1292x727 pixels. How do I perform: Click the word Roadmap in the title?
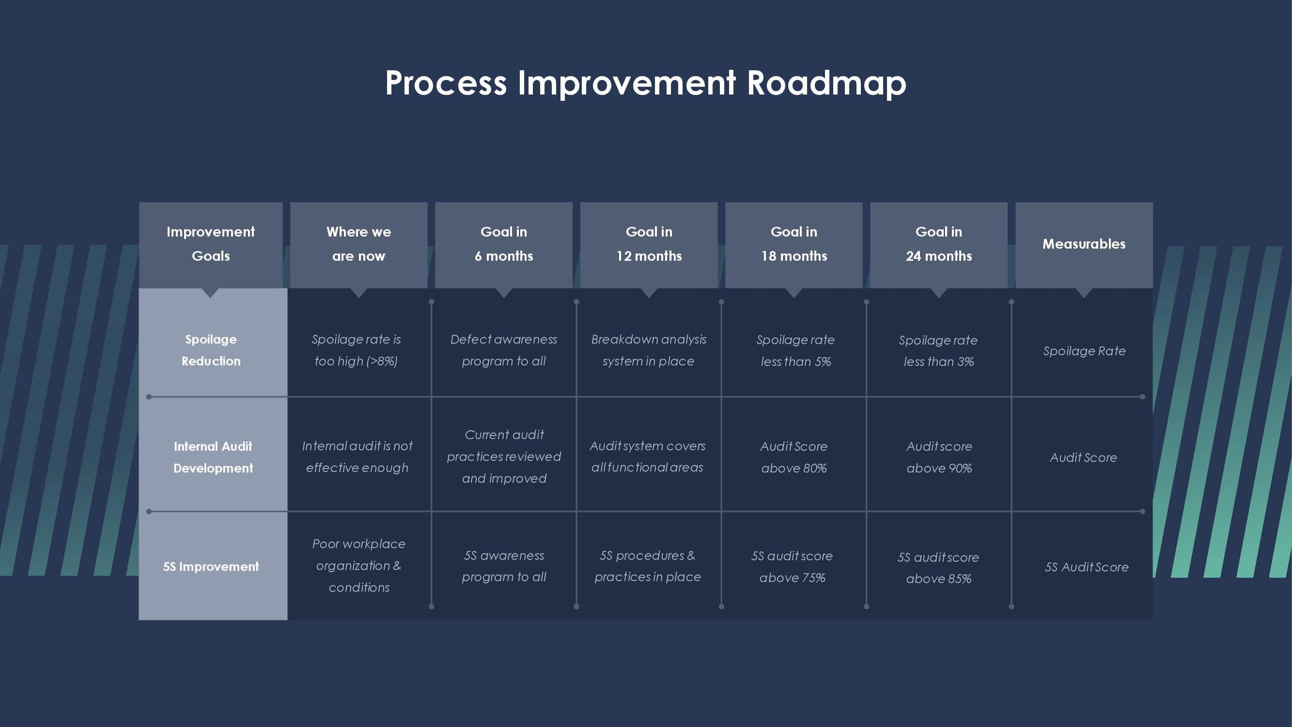pos(826,83)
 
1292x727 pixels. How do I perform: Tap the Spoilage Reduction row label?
pos(211,350)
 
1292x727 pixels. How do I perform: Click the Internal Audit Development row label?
pos(213,457)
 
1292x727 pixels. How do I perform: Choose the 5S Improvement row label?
pos(211,567)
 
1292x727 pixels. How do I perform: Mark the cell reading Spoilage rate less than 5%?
pos(795,351)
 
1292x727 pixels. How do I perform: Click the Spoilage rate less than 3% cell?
pos(938,351)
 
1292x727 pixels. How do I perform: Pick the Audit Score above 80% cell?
pos(794,457)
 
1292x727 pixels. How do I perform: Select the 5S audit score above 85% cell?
pos(938,568)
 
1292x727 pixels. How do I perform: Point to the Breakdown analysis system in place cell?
pos(649,350)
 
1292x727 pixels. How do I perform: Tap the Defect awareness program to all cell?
pos(503,350)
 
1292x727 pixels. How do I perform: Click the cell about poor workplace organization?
pos(358,566)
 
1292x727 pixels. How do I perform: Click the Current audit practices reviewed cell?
pos(503,457)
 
